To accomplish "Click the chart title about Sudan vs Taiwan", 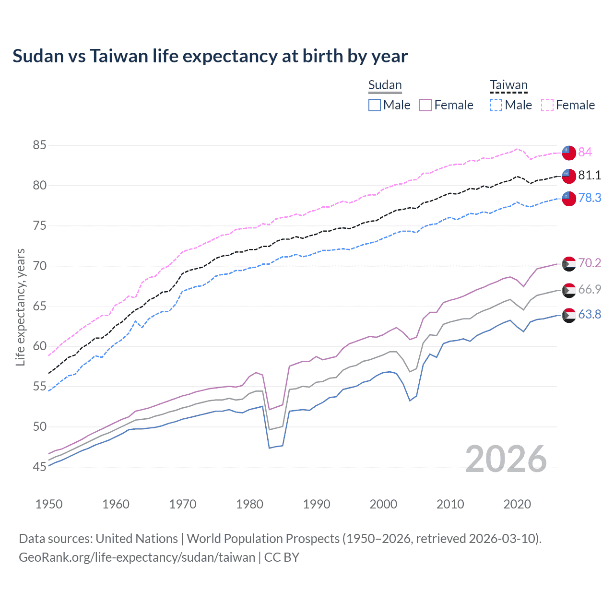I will tap(210, 56).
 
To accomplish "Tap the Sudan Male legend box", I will tap(375, 105).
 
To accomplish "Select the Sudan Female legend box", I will tap(425, 105).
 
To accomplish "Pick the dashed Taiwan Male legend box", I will tap(496, 105).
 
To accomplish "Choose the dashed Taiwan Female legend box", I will tap(547, 105).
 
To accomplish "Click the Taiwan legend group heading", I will tap(508, 85).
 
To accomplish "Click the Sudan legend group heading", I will tap(385, 85).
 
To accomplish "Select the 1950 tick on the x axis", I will tap(49, 504).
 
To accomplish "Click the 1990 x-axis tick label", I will tap(317, 504).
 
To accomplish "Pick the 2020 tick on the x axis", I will tap(517, 504).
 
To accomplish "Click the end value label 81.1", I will tap(590, 176).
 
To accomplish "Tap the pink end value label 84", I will tap(585, 153).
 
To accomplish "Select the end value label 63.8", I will tap(590, 315).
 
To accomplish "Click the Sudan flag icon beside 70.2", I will tap(568, 264).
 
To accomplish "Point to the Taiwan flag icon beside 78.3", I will tap(568, 198).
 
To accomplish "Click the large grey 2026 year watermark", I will tap(506, 459).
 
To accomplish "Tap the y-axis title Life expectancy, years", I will tap(20, 307).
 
